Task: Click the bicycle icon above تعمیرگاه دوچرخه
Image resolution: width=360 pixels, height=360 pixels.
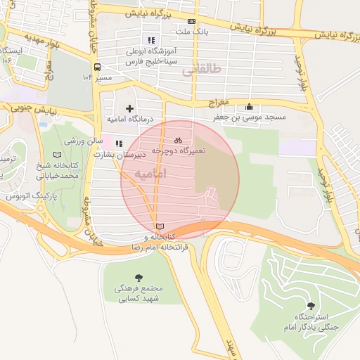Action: [178, 139]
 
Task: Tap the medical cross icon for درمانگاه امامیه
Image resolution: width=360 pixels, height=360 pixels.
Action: [129, 108]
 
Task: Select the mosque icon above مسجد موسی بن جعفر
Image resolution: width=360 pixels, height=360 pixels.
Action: [249, 107]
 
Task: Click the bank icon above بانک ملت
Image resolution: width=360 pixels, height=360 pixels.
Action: [192, 22]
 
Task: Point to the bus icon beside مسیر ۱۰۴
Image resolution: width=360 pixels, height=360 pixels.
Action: [88, 76]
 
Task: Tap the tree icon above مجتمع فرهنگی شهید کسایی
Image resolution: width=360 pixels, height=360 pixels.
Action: [138, 278]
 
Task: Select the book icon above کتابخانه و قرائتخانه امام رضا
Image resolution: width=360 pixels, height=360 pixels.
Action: [161, 226]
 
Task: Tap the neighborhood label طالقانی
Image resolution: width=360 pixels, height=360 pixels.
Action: [201, 70]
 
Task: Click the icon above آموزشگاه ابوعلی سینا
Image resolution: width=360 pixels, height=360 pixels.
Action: [150, 40]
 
